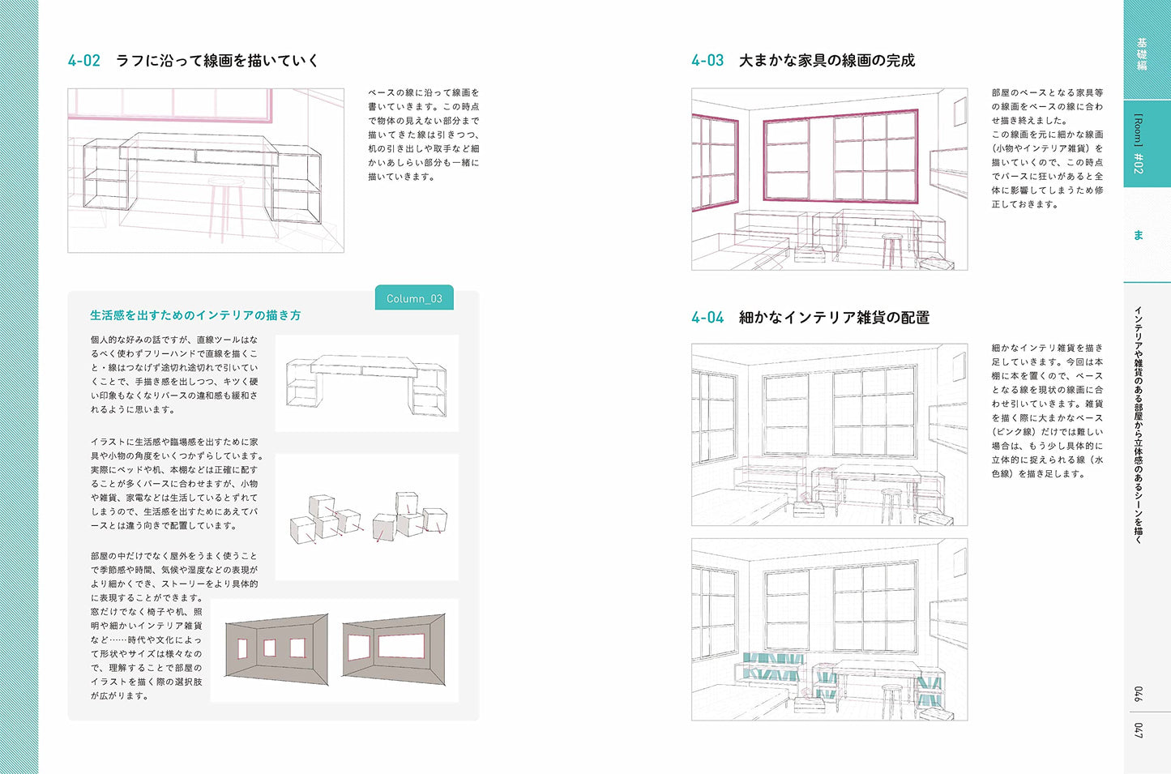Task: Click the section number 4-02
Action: (x=83, y=61)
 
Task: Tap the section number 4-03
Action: (x=707, y=61)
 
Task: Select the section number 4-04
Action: (x=707, y=318)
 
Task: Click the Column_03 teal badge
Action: (x=414, y=298)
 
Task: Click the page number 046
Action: (x=1139, y=694)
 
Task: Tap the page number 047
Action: (x=1139, y=730)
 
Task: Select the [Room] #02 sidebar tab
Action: (x=1147, y=143)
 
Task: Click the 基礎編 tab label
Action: (x=1142, y=53)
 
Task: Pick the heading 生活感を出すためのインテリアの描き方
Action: (x=195, y=315)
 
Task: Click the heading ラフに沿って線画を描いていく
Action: (x=217, y=61)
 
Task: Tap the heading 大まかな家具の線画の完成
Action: (x=827, y=61)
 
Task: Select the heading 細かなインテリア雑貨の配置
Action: (x=835, y=318)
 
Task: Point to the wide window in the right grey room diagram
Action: (x=401, y=645)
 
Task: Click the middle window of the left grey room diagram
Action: (x=269, y=648)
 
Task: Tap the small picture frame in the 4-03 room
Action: (x=959, y=112)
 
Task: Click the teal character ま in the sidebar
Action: (x=1139, y=235)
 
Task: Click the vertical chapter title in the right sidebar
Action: (x=1139, y=425)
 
